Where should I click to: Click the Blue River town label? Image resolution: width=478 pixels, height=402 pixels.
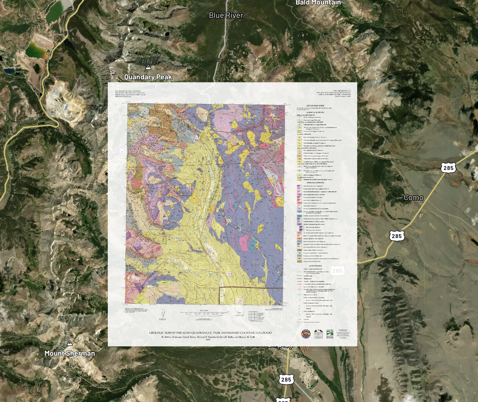(226, 16)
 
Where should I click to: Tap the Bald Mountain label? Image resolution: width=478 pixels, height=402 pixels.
(318, 2)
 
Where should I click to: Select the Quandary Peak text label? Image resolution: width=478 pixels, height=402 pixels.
(148, 77)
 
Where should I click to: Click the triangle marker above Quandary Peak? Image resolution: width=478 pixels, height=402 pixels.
(148, 67)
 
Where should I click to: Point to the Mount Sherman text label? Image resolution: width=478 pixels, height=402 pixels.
(70, 353)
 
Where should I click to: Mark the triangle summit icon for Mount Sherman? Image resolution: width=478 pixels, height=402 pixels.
(70, 343)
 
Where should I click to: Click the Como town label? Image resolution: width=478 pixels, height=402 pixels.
(413, 198)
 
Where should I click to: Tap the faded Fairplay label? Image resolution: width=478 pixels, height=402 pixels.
(278, 344)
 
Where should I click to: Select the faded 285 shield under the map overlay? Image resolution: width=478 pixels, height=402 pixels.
(337, 271)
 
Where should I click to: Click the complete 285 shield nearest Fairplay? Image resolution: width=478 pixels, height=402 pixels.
(286, 379)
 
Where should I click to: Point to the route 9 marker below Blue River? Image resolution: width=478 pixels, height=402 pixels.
(218, 60)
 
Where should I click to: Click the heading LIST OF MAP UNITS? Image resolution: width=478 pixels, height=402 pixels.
(315, 106)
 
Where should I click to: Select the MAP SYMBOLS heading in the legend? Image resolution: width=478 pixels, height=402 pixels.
(315, 266)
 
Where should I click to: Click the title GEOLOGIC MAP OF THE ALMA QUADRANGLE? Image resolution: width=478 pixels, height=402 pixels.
(210, 333)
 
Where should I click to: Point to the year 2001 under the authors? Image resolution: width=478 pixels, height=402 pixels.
(208, 340)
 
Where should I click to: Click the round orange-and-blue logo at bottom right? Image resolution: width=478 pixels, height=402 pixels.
(306, 334)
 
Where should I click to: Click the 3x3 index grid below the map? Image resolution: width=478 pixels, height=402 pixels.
(253, 316)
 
